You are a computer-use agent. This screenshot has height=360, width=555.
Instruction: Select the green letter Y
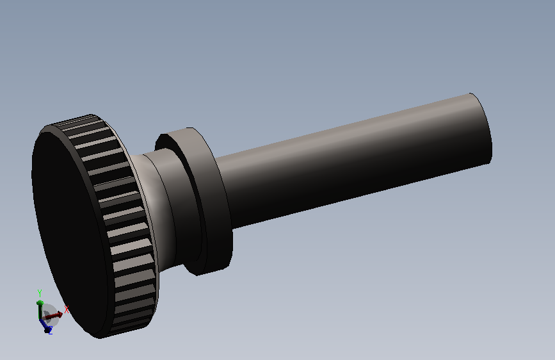(40, 293)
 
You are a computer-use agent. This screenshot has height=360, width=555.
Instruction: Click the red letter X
(66, 309)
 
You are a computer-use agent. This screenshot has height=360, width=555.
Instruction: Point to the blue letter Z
(51, 331)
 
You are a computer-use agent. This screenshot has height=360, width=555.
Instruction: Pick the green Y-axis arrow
(40, 310)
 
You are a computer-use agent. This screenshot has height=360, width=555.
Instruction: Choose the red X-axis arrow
(52, 315)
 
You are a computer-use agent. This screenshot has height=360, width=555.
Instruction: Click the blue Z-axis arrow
(45, 326)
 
